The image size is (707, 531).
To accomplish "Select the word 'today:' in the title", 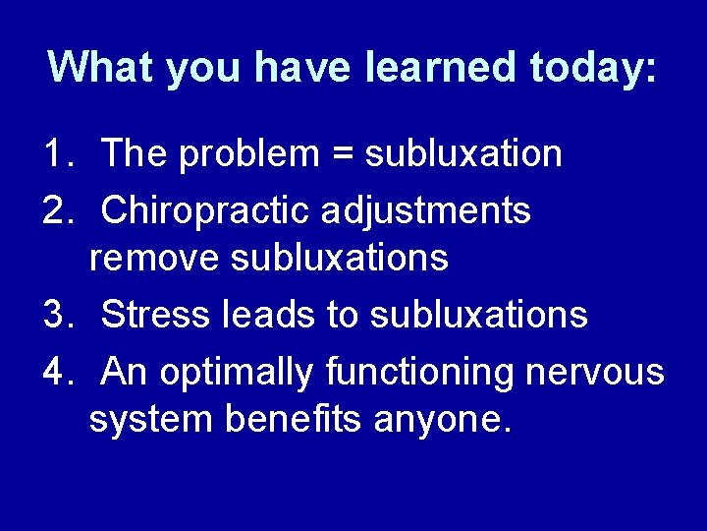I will pyautogui.click(x=593, y=67).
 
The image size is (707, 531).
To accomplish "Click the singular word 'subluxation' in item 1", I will pyautogui.click(x=462, y=153).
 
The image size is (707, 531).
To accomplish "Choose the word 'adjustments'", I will pyautogui.click(x=424, y=210).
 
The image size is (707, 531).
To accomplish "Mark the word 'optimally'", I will pyautogui.click(x=237, y=373).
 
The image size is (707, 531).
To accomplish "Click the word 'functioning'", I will pyautogui.click(x=419, y=373).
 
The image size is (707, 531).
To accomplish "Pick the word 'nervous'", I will pyautogui.click(x=595, y=373).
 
